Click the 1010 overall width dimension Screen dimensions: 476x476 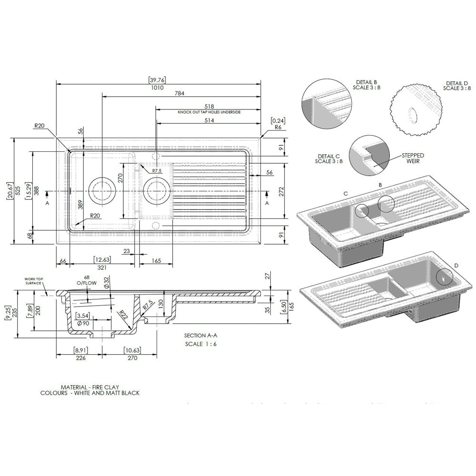pyautogui.click(x=157, y=88)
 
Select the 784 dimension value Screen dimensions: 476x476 pyautogui.click(x=179, y=93)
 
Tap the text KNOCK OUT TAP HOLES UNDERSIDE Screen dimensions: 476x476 pyautogui.click(x=209, y=112)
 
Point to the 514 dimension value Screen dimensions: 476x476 pyautogui.click(x=209, y=121)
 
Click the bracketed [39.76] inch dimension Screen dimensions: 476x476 pyautogui.click(x=157, y=80)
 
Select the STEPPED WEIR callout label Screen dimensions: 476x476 pyautogui.click(x=413, y=159)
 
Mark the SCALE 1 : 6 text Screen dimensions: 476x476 pyautogui.click(x=201, y=344)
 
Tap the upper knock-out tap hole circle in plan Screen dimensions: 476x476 pyautogui.click(x=155, y=156)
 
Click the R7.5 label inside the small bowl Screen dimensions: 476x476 pyautogui.click(x=157, y=170)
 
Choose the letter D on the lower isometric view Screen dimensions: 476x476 pyautogui.click(x=456, y=265)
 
